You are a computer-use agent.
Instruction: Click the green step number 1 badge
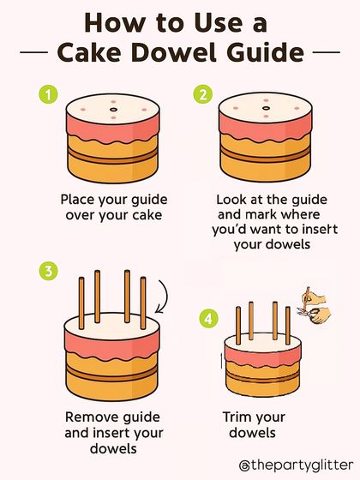coord(48,94)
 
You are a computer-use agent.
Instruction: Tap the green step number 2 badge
coord(202,94)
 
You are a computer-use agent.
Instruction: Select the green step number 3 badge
coord(48,271)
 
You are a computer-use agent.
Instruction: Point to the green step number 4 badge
coord(209,319)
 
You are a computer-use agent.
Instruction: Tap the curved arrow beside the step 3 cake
coord(165,296)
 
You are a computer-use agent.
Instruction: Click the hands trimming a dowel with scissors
coord(314,306)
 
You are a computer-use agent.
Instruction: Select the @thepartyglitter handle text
coord(296,465)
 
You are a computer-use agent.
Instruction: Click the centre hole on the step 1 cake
coord(113,110)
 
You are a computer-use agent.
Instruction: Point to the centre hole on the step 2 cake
coord(266,108)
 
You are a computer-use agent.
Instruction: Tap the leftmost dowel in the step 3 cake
coord(81,303)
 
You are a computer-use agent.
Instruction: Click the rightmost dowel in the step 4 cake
coord(288,325)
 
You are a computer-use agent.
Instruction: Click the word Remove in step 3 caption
coord(91,417)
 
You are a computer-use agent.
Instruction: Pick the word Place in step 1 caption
coord(77,200)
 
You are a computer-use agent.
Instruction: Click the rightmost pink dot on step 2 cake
coord(297,108)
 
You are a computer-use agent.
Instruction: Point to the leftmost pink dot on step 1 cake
coord(82,110)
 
